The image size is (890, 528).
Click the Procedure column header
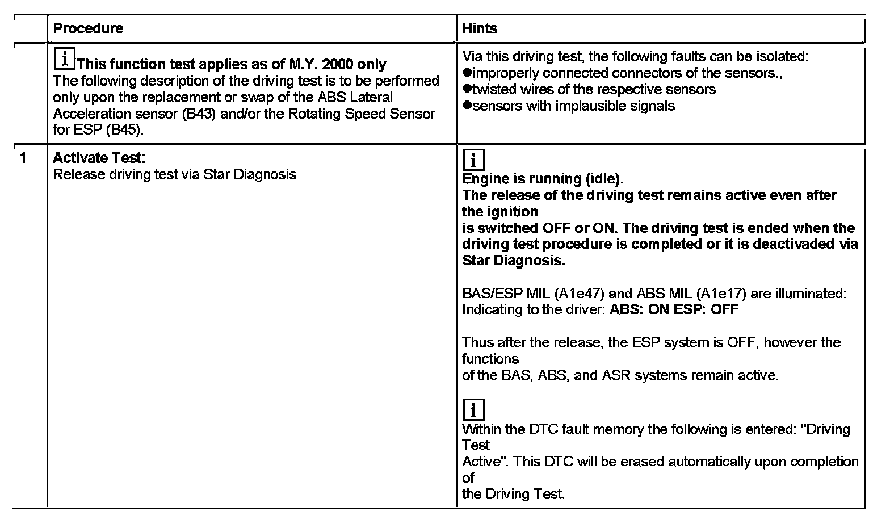click(x=88, y=28)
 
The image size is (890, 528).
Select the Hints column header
click(x=480, y=28)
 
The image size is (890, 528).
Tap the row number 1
click(x=23, y=158)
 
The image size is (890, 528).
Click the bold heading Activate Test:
click(x=99, y=158)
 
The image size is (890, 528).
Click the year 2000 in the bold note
click(x=338, y=64)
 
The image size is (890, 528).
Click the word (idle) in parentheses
click(x=604, y=179)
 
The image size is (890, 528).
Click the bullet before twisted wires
click(x=467, y=89)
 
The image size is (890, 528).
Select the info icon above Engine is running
click(x=474, y=160)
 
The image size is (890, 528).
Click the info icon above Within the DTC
click(x=474, y=409)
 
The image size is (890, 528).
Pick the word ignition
click(x=500, y=212)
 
